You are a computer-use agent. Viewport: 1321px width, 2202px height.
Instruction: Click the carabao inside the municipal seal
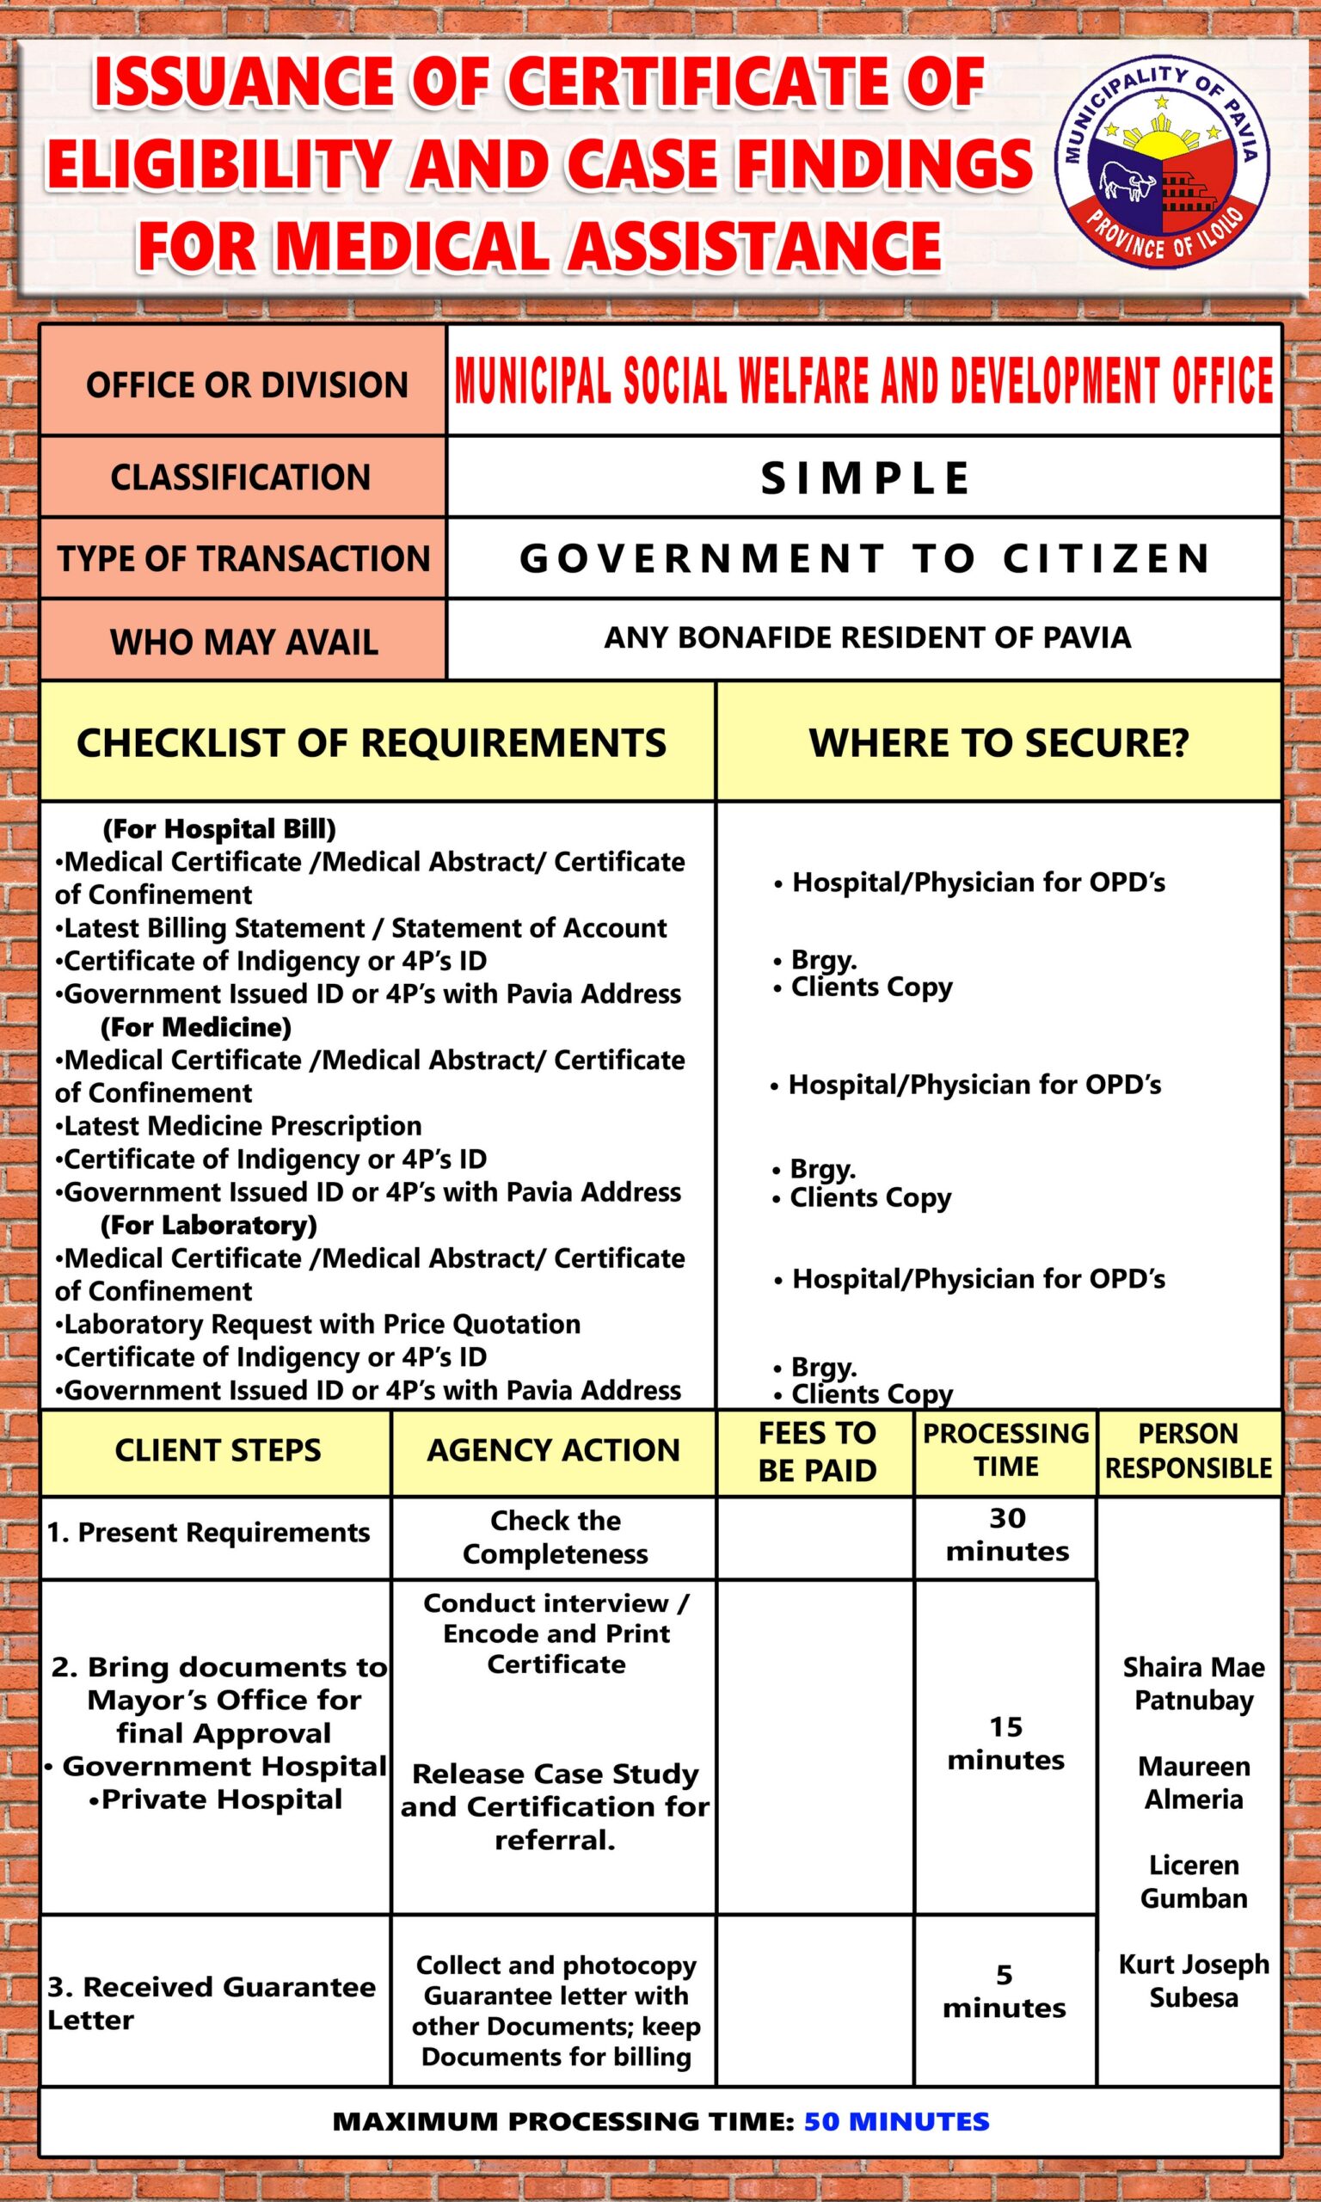(x=1124, y=181)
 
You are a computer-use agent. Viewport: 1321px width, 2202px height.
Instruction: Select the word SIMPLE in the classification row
(x=864, y=478)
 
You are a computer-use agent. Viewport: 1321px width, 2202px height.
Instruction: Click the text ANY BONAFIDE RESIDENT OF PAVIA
(x=867, y=638)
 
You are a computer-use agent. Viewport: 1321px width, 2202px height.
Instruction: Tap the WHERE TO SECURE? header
(x=998, y=743)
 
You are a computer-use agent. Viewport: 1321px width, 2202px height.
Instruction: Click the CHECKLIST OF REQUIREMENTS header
(x=372, y=743)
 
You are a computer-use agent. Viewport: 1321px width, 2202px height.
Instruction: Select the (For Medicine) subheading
(x=195, y=1027)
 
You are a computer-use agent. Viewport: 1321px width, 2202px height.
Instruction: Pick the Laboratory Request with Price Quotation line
(x=322, y=1325)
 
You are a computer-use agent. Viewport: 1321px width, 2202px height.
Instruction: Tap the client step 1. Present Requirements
(x=208, y=1532)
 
